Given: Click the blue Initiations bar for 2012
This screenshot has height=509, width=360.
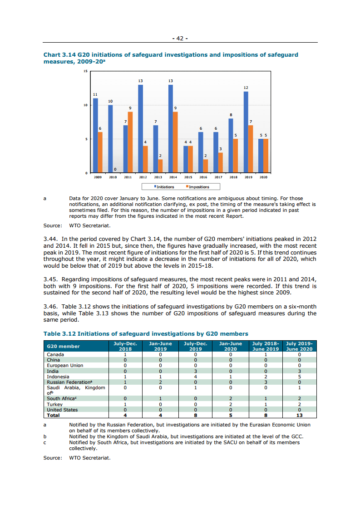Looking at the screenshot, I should (140, 129).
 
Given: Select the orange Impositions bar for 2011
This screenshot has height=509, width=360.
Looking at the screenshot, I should (130, 142).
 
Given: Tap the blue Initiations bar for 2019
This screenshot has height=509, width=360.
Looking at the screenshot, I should (246, 132).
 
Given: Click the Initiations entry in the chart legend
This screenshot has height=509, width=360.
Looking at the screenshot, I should (164, 187).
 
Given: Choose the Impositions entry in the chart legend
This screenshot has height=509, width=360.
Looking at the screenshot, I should (197, 187).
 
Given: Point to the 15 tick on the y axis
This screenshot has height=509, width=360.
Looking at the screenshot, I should (85, 72).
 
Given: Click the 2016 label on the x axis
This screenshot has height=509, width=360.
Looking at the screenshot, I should (203, 177).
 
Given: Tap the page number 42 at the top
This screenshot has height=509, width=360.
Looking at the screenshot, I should (180, 39).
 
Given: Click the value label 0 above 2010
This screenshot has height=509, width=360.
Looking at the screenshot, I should (115, 170).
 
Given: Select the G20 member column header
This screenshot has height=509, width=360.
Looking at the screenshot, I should (63, 346).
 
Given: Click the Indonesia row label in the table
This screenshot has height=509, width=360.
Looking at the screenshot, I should (58, 377).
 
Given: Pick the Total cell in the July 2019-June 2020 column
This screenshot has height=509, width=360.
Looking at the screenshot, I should (299, 415).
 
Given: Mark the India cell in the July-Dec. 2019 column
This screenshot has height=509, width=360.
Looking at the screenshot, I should (195, 371).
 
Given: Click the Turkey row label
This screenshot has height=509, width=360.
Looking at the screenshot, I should (55, 404).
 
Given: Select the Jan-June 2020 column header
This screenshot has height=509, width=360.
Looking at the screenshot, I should (230, 346).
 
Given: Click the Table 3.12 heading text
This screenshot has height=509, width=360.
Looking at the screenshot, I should (146, 334).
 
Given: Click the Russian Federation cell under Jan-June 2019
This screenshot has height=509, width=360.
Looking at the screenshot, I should (160, 382).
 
